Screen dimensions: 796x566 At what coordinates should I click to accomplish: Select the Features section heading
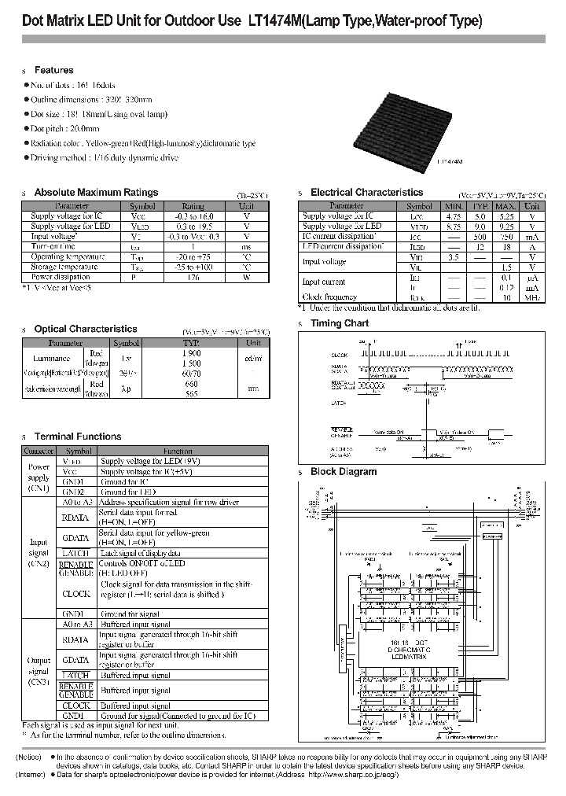53,70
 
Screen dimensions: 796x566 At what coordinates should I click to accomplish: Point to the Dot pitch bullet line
64,128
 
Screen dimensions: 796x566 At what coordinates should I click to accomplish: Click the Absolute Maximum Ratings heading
96,192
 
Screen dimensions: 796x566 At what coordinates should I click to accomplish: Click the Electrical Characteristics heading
366,192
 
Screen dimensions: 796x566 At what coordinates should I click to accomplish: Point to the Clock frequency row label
329,297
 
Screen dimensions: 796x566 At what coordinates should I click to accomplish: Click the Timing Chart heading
339,322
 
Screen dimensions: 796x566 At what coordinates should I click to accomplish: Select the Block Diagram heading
343,472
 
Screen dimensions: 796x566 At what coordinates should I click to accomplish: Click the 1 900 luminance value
191,353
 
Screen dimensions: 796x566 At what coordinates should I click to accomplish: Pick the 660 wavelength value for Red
191,385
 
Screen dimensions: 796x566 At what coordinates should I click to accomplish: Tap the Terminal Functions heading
78,436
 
